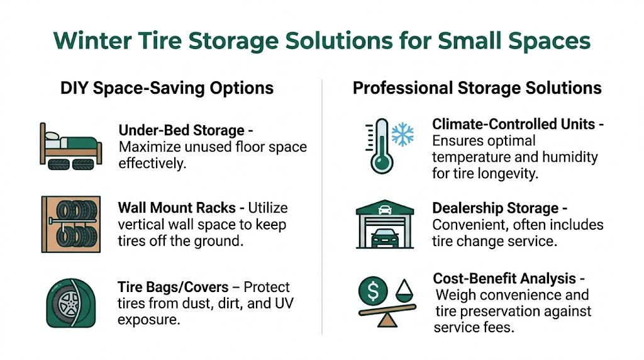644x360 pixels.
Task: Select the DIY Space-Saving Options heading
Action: (167, 87)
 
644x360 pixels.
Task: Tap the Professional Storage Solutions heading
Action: (477, 87)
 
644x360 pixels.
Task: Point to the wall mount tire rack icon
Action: (70, 224)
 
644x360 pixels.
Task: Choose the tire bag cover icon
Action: (70, 305)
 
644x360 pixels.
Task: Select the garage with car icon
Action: (384, 224)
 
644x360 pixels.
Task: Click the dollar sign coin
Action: (372, 291)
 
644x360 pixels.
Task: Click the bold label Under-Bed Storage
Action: (181, 131)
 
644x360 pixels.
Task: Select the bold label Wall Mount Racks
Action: (180, 208)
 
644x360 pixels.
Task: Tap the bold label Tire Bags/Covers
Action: (173, 287)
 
